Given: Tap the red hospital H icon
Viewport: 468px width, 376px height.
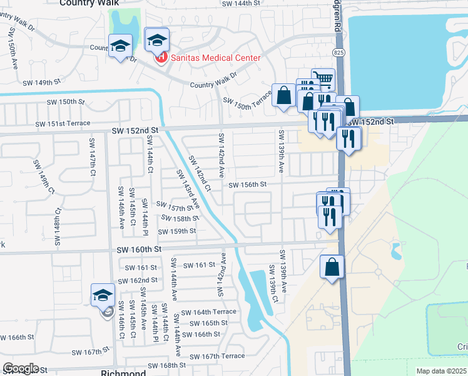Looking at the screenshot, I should point(161,58).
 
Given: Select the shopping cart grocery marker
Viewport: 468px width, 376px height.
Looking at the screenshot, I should point(322,79).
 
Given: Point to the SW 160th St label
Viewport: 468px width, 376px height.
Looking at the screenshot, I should point(139,249).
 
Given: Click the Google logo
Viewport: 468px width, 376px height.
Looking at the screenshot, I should point(21,368).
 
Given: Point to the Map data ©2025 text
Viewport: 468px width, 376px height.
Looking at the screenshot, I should point(441,371).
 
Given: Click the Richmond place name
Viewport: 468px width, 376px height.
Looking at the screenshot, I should point(123,372).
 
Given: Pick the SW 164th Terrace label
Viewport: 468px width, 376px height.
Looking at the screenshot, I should point(208,312).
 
